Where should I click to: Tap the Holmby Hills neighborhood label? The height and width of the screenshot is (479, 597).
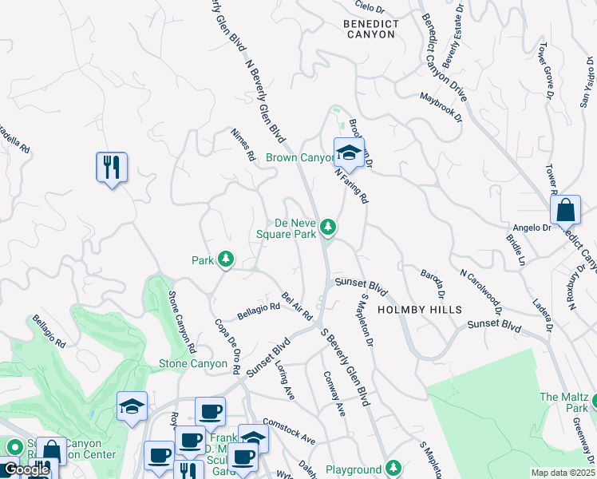pos(419,309)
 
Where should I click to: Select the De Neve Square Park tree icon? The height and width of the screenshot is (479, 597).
pos(327,229)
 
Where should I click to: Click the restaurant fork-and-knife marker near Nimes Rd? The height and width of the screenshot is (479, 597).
pos(112,168)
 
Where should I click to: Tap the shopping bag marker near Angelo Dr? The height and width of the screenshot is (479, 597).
pos(565,211)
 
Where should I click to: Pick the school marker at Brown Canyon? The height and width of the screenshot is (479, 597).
pos(349,152)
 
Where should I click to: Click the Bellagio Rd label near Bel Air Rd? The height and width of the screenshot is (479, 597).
pos(258,306)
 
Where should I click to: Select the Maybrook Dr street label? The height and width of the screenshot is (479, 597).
pos(441,107)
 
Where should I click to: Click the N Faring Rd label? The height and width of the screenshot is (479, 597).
pos(351,184)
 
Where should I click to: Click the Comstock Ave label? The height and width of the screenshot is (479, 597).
pos(290,436)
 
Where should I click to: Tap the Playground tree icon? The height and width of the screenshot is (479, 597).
pos(392,467)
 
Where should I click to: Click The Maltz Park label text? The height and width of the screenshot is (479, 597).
pos(563,402)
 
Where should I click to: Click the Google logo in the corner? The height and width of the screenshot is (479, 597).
pos(26,470)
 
